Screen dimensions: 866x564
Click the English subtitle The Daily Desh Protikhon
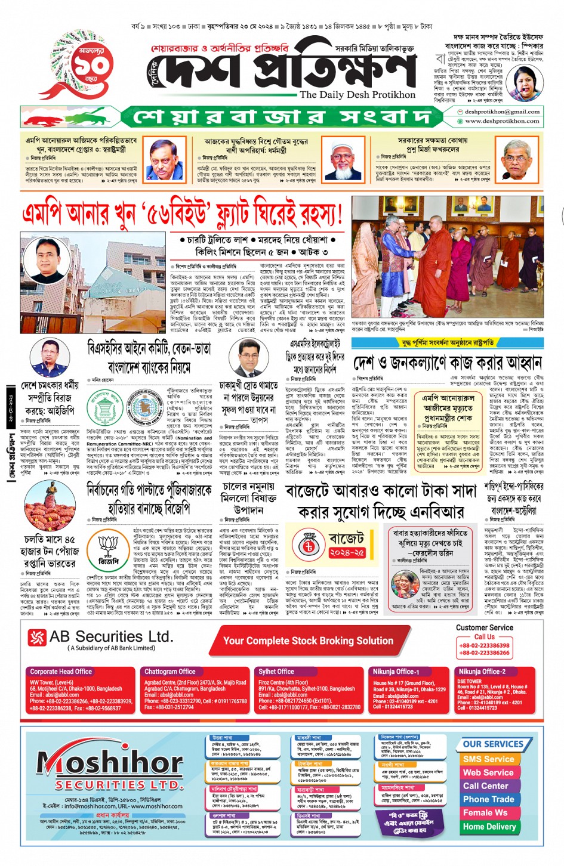357,94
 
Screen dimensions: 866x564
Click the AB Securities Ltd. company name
111,636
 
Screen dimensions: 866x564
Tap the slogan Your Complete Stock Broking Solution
308,641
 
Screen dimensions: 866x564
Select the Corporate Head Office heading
61,672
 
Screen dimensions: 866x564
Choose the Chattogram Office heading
169,672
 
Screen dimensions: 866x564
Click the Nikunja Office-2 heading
482,672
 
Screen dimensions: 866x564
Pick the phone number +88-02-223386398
484,645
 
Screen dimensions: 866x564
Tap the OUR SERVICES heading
493,744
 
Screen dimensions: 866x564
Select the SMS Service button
488,759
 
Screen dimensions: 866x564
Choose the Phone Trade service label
488,799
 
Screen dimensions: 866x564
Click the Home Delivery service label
489,827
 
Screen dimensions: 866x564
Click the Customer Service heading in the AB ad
484,627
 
